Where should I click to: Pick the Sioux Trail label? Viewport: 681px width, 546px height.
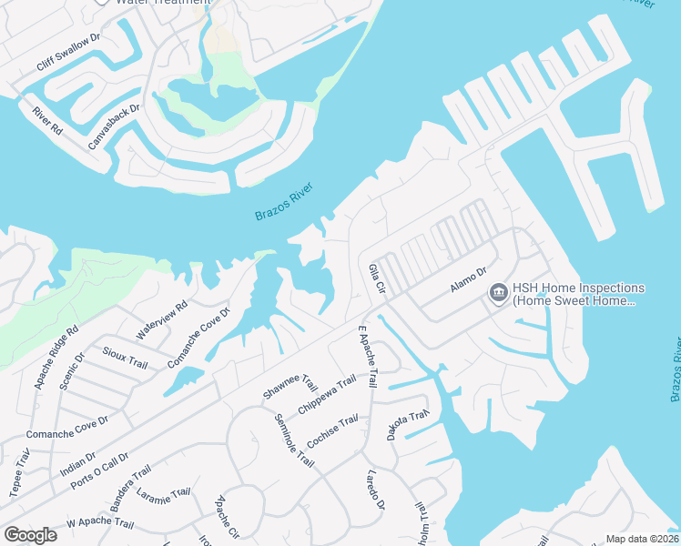tap(126, 358)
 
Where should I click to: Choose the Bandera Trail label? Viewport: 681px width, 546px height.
tap(128, 486)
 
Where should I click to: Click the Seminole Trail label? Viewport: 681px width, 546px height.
tap(293, 440)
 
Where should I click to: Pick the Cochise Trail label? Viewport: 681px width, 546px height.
tap(332, 433)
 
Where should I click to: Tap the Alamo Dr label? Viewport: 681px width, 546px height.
tap(469, 279)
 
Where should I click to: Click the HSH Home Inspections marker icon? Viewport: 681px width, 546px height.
tap(498, 292)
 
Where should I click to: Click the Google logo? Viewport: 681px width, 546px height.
tap(31, 535)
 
